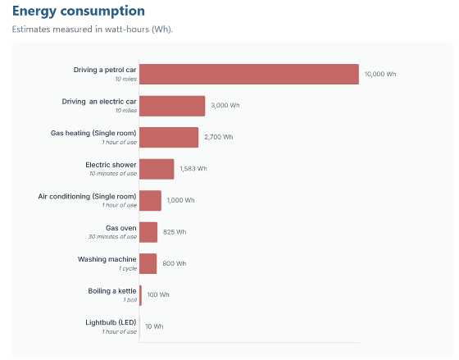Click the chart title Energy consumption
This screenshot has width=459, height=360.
coord(78,11)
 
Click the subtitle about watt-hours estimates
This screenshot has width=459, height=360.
coord(92,29)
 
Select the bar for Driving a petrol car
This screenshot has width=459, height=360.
coord(248,74)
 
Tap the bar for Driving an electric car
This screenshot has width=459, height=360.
coord(172,106)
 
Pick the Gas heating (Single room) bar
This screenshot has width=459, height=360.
coord(169,137)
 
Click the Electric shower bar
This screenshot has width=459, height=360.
coord(157,169)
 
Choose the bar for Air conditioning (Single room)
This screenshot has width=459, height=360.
coord(150,200)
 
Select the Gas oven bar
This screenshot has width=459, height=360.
coord(148,232)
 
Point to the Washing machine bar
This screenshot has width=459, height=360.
coord(148,263)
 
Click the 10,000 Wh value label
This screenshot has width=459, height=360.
coord(379,74)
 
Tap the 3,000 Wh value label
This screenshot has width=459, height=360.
coord(225,106)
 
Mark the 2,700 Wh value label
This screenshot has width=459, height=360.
coord(218,137)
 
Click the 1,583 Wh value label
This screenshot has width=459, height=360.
coord(193,169)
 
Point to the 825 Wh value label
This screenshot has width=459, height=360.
coord(175,232)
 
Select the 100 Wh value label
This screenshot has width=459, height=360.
coord(158,294)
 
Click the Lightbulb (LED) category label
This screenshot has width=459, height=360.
coord(111,322)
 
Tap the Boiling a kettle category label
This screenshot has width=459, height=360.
coord(112,290)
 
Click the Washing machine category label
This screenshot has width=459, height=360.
coord(107,259)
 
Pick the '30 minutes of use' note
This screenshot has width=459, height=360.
coord(112,237)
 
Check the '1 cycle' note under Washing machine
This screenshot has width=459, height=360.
coord(127,268)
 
